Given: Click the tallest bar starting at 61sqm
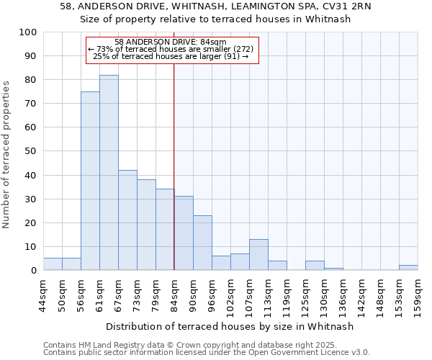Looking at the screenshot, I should (x=109, y=173).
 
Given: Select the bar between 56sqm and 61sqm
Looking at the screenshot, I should (x=90, y=181).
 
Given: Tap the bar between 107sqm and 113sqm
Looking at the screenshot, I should (x=258, y=255).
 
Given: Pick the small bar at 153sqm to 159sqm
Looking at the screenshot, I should (x=408, y=268).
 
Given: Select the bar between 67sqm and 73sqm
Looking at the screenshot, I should (x=127, y=220).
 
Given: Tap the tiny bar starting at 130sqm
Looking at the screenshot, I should (x=333, y=269).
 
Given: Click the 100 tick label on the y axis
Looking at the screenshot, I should (x=28, y=32).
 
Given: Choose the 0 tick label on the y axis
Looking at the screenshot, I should (x=34, y=271).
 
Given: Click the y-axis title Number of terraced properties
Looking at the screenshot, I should (x=7, y=155).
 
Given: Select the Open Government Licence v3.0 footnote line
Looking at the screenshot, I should (x=206, y=353).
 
